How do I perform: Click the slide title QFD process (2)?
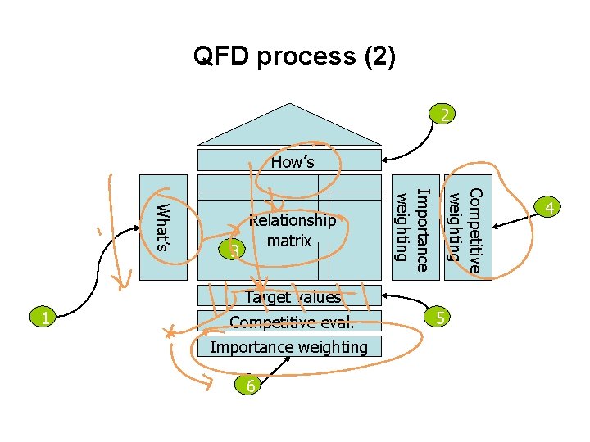(294, 56)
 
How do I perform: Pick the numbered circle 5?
(440, 318)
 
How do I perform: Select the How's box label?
(293, 161)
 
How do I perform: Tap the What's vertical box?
(164, 226)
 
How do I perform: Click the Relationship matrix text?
(293, 231)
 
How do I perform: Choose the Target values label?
(293, 298)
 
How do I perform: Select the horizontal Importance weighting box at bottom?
(288, 347)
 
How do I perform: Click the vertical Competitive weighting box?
(468, 226)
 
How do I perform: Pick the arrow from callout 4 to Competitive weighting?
(516, 219)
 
